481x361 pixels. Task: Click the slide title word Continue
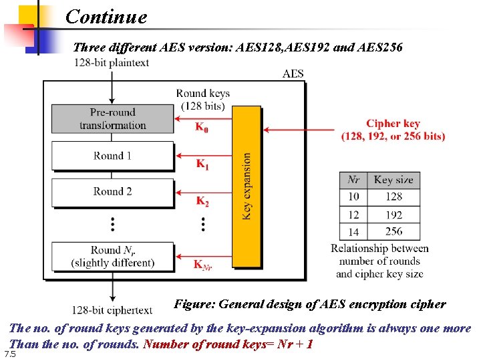point(106,16)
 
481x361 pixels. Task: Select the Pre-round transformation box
point(112,119)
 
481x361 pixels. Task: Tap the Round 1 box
point(112,156)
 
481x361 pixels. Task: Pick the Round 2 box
point(112,191)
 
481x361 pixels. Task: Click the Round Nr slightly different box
point(112,257)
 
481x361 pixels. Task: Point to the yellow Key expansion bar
point(247,185)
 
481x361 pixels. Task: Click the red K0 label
point(201,127)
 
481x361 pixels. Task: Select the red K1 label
point(202,164)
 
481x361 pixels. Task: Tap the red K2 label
point(202,201)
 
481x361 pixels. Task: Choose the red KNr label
point(203,265)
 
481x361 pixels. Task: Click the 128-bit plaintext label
point(112,63)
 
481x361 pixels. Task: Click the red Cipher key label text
point(393,130)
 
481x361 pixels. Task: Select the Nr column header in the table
point(354,180)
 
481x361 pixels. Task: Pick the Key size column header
point(393,180)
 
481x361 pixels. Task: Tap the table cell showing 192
point(393,215)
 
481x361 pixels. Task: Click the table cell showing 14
point(354,232)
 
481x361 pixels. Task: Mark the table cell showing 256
point(393,231)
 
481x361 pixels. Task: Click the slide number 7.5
point(9,353)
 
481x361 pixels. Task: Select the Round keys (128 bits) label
point(203,99)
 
